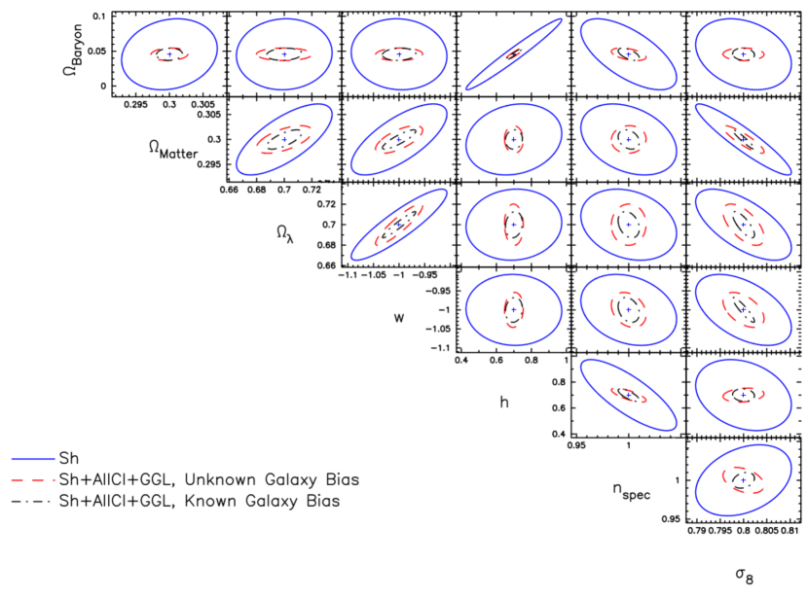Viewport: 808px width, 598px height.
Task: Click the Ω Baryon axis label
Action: [72, 50]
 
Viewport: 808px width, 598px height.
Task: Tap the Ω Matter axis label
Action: [173, 150]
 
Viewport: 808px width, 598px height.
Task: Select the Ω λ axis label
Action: [285, 234]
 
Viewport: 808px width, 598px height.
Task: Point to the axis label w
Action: [399, 318]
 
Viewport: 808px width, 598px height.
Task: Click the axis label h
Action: [504, 402]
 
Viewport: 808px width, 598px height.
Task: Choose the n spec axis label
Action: [631, 490]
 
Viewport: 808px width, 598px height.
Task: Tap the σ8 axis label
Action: [745, 576]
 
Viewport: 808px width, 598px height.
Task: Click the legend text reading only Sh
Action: [69, 458]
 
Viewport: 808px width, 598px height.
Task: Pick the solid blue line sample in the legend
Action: [33, 459]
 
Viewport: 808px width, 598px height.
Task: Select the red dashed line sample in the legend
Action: [33, 479]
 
